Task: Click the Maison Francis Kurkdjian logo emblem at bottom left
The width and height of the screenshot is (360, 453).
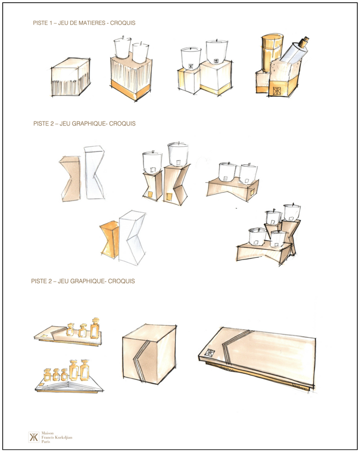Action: [x=34, y=437]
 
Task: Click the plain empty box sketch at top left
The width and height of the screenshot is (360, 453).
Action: [x=71, y=77]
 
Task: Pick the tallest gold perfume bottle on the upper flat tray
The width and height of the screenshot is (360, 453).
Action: [x=95, y=328]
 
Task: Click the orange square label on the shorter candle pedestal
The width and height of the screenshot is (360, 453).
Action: [x=149, y=195]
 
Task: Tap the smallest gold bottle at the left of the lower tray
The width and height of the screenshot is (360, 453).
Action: [x=47, y=375]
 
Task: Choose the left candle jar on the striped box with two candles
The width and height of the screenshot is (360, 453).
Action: [x=122, y=49]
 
